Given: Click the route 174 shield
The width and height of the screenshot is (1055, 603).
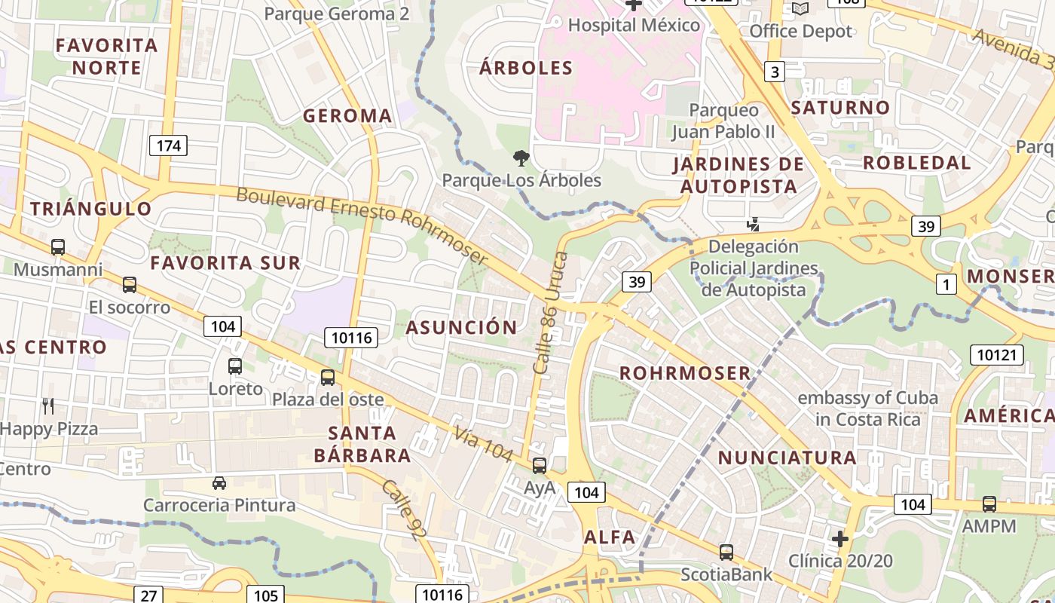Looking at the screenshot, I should tap(168, 145).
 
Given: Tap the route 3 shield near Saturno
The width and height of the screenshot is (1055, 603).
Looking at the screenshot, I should tap(774, 72).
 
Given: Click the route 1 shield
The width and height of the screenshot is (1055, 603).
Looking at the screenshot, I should tap(946, 284).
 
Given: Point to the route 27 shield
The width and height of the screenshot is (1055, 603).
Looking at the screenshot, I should tap(148, 595).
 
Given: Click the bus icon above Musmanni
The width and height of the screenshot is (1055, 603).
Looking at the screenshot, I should tap(58, 247).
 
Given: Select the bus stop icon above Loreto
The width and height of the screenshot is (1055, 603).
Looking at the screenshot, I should tap(235, 366).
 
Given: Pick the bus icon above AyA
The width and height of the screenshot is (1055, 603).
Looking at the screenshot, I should tap(540, 466).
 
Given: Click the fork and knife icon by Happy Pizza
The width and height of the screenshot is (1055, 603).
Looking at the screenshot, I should tap(48, 407).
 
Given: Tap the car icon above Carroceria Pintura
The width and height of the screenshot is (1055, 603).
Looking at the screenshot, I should tap(219, 483).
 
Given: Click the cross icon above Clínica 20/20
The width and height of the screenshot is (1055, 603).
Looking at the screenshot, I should tap(840, 539).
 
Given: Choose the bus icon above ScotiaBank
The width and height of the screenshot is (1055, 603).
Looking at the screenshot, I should tap(726, 552).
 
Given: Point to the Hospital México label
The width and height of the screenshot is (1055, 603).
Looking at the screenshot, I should tap(634, 25).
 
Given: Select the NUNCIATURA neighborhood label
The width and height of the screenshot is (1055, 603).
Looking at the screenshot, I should tap(787, 458).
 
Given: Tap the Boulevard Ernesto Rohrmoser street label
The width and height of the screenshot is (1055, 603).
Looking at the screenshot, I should tap(362, 224).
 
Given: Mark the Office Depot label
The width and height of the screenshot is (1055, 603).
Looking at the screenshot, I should tap(800, 32).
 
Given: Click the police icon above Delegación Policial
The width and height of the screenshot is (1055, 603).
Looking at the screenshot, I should tap(753, 224).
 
